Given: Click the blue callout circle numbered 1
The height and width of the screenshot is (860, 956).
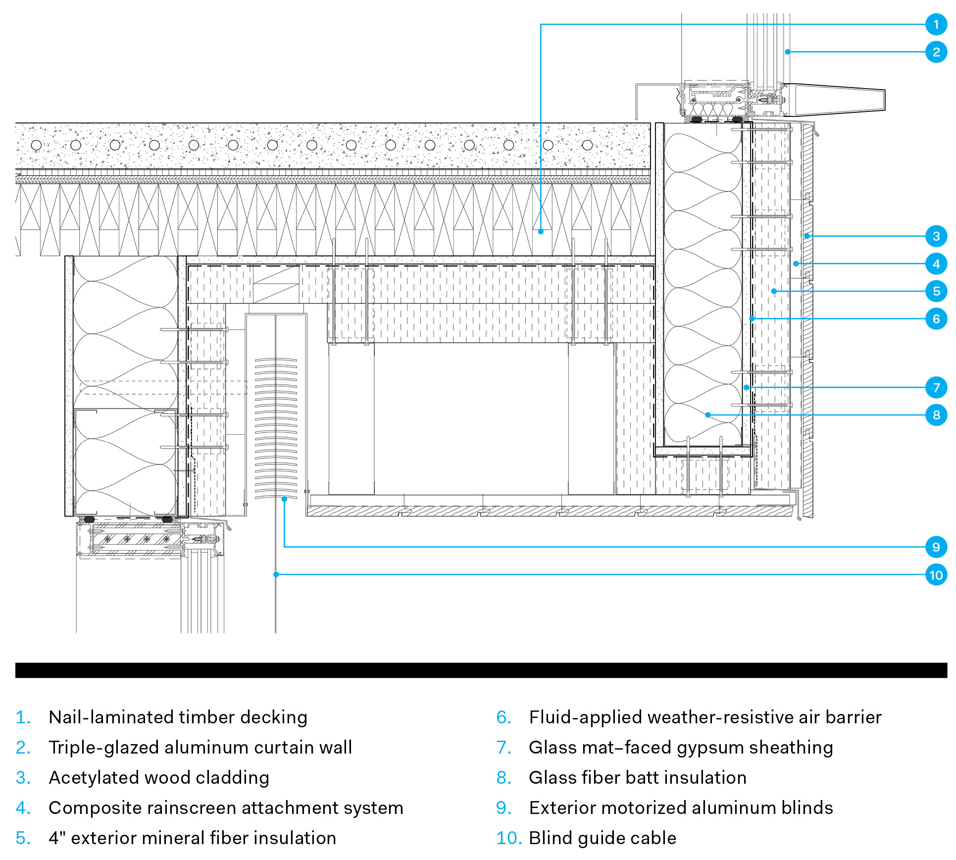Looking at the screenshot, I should tap(936, 24).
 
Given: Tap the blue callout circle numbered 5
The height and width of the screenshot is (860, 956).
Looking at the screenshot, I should tap(936, 291).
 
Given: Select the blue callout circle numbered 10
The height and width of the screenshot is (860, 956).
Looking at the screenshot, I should tap(936, 575).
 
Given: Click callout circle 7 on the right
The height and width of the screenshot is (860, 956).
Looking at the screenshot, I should tap(936, 387).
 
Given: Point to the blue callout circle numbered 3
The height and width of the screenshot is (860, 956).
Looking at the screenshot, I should tap(936, 236).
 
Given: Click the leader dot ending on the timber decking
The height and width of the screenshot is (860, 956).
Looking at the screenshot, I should tap(541, 231).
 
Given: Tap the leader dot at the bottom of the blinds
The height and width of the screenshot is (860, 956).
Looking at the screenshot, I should tap(284, 499).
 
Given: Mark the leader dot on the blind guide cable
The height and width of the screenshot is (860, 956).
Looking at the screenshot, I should tap(276, 574).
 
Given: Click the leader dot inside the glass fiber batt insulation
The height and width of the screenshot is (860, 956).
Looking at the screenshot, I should tap(708, 415).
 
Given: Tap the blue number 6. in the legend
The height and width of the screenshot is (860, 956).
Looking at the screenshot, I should tap(503, 717).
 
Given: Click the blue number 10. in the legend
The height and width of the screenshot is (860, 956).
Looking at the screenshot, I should tap(508, 838).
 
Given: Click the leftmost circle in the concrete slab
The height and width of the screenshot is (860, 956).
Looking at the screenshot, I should tap(36, 145).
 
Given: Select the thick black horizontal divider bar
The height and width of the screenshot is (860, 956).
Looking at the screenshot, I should tap(480, 670).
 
